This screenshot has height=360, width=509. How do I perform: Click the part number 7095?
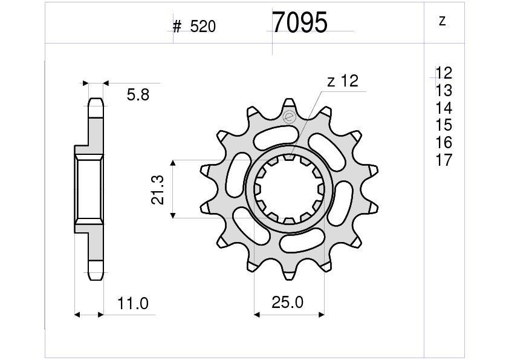pyautogui.click(x=300, y=22)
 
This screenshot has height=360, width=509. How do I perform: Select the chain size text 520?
pyautogui.click(x=203, y=27)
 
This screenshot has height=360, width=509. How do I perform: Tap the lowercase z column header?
pyautogui.click(x=442, y=21)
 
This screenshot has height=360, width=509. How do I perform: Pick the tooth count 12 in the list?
pyautogui.click(x=444, y=73)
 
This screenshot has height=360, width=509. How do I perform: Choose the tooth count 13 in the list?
pyautogui.click(x=444, y=90)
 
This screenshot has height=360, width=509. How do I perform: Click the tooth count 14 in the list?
pyautogui.click(x=444, y=108)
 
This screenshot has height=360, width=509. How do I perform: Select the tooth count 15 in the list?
pyautogui.click(x=444, y=125)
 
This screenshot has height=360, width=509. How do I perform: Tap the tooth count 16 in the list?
pyautogui.click(x=444, y=143)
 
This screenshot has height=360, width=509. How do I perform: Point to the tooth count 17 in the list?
pyautogui.click(x=444, y=160)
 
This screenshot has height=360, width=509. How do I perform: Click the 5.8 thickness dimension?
pyautogui.click(x=138, y=95)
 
